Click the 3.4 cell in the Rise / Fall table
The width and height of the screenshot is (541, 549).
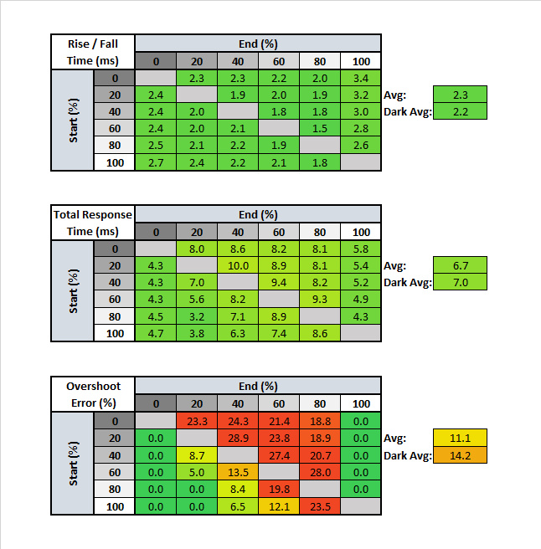(361, 79)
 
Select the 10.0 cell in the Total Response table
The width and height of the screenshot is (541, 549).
(238, 265)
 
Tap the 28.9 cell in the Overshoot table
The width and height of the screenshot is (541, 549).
(238, 438)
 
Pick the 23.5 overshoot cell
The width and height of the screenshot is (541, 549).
(320, 505)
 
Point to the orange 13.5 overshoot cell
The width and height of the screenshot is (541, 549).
(238, 471)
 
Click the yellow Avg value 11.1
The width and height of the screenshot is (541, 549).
(461, 438)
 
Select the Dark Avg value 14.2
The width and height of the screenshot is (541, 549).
(461, 455)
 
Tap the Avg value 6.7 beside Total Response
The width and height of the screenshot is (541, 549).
(461, 265)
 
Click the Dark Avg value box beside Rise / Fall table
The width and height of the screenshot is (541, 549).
(461, 111)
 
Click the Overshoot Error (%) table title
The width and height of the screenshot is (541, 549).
(93, 395)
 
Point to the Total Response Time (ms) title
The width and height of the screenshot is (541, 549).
(93, 223)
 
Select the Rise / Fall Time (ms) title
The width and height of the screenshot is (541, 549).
(93, 52)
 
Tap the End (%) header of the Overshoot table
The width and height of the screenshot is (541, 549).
(258, 387)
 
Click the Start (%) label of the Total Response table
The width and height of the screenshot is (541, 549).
(74, 291)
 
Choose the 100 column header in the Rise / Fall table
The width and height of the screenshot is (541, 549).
(361, 61)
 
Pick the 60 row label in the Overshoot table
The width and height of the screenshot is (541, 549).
(114, 471)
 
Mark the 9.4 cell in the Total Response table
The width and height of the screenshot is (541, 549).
(279, 282)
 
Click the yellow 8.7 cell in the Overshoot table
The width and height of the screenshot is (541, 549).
(197, 454)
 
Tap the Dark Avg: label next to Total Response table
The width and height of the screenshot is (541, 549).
(407, 283)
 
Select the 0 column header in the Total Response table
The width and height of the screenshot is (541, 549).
(156, 232)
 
